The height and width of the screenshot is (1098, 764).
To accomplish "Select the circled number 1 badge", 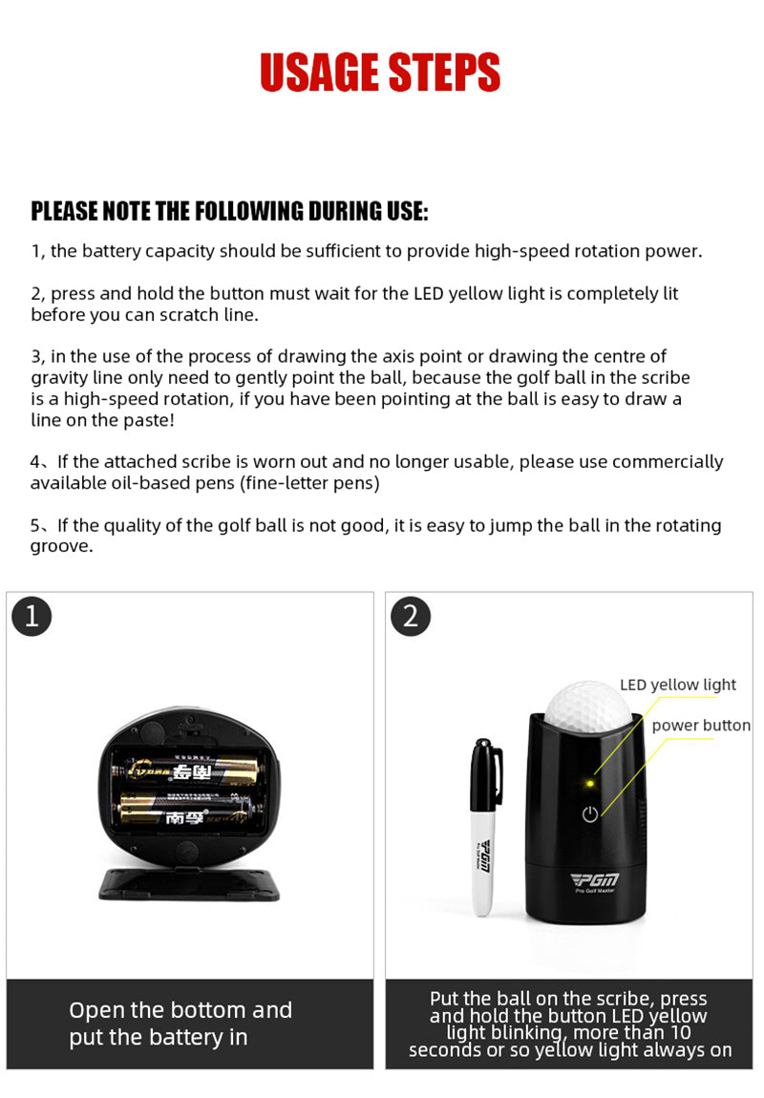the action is click(32, 616).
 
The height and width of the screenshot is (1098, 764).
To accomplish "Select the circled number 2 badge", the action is click(411, 616).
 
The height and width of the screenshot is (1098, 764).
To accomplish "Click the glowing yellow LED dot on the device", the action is click(589, 784).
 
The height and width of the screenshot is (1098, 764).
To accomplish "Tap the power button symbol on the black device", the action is click(590, 813).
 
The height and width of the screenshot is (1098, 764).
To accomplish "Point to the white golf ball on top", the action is click(588, 707).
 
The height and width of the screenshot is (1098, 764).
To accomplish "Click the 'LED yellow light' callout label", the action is click(678, 685).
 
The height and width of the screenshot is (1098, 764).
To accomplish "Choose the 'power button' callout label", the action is click(701, 726).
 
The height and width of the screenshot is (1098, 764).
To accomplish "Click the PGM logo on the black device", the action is click(595, 880).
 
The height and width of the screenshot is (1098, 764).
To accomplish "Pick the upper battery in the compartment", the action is click(190, 771).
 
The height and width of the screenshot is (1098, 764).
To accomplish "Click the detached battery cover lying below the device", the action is click(189, 884).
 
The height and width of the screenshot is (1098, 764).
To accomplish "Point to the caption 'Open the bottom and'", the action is click(180, 1010).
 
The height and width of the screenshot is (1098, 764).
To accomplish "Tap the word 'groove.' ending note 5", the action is click(62, 547).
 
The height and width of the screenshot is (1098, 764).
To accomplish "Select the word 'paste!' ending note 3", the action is click(148, 421).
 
